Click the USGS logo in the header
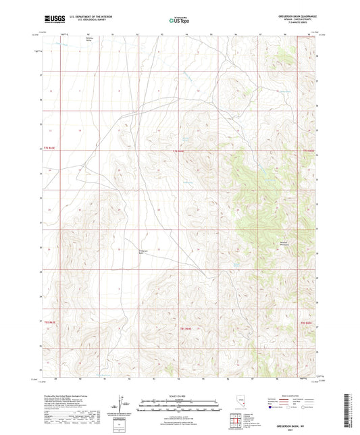[55, 20]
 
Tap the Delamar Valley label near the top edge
[88, 40]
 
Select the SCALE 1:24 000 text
[179, 396]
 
